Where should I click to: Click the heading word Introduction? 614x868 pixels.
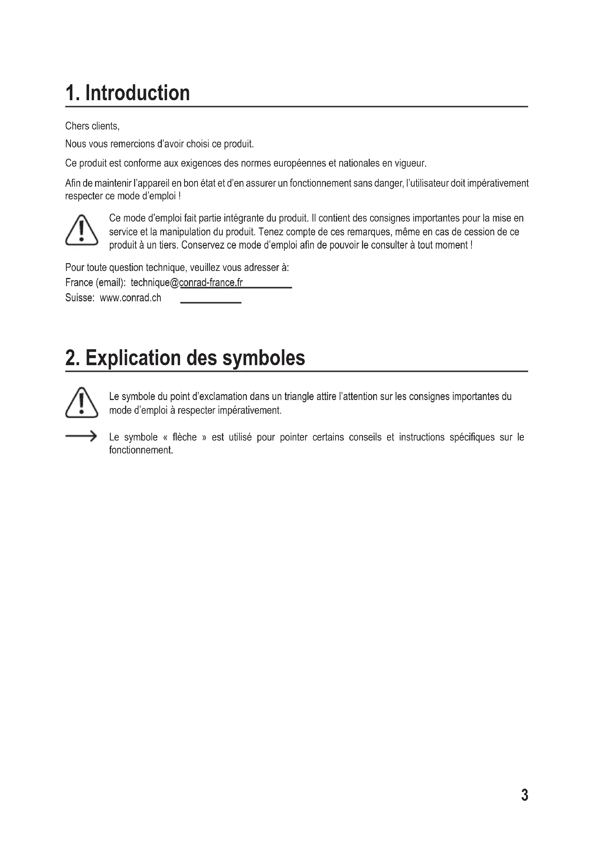tap(138, 93)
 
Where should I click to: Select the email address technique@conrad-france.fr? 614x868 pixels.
tap(187, 282)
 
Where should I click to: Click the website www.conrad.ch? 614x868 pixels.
tap(130, 298)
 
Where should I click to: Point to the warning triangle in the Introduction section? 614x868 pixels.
tap(82, 230)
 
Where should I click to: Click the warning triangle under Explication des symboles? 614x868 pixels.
tap(82, 403)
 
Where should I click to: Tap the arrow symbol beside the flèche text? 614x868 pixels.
tap(81, 436)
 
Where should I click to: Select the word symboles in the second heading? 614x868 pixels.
tap(264, 358)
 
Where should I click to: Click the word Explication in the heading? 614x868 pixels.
tap(133, 358)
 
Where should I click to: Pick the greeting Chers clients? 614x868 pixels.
tap(92, 126)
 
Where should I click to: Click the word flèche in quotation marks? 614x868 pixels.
tap(184, 437)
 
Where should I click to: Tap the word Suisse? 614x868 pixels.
tap(79, 298)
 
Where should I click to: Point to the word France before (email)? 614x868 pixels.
tap(79, 282)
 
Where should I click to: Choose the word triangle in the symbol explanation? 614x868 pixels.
tap(299, 396)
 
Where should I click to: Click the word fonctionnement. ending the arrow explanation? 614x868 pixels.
tap(141, 450)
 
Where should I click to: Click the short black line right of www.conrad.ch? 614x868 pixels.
tap(210, 302)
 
